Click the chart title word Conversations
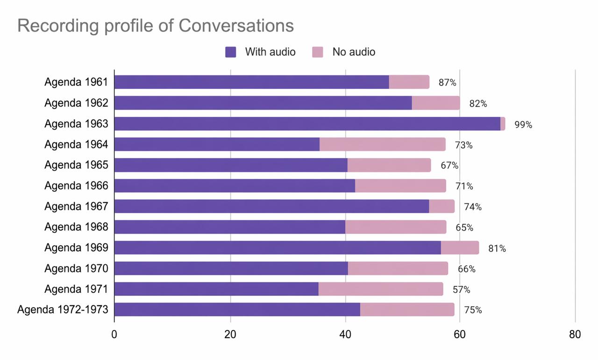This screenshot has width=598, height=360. tap(236, 26)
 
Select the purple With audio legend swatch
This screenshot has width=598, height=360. tap(231, 52)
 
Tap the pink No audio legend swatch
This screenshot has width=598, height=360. tap(318, 52)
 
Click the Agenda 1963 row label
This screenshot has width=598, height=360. tap(76, 124)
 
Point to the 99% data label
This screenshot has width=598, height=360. tap(523, 125)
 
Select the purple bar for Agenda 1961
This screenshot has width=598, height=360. tap(251, 82)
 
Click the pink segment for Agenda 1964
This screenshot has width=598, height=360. tap(382, 144)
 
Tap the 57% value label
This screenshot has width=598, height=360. tap(461, 290)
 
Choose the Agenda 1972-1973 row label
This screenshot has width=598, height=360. tap(63, 310)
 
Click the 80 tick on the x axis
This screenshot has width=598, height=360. tap(575, 335)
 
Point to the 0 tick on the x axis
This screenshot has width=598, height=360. tap(114, 335)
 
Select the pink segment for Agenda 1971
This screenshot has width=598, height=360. tap(380, 289)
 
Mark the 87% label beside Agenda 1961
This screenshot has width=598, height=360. tap(447, 83)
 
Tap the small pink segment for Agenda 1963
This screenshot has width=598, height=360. tap(503, 124)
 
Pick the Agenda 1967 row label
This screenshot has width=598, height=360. tap(76, 206)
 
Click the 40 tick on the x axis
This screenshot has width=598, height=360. tap(345, 335)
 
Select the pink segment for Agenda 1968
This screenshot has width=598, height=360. tap(395, 227)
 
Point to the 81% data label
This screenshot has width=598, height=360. tap(497, 248)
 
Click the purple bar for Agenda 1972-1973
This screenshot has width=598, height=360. tap(237, 310)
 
